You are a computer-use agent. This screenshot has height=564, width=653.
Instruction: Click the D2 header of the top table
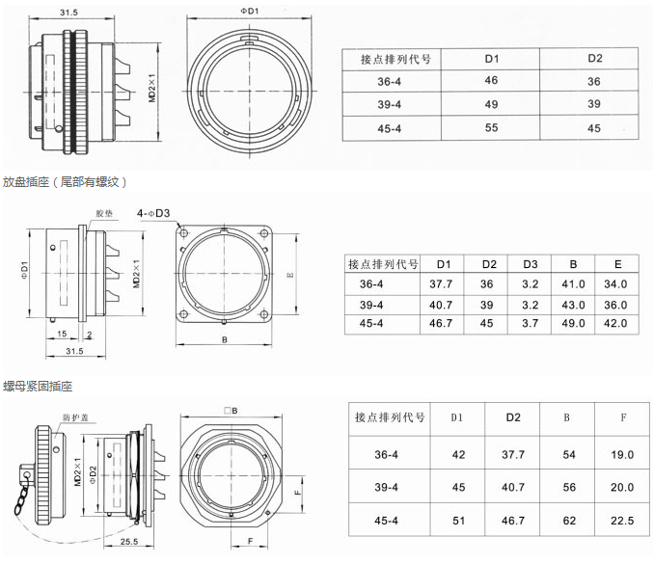(594, 59)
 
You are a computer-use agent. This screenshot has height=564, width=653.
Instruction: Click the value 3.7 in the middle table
(531, 323)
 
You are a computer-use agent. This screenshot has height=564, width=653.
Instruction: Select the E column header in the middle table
(614, 264)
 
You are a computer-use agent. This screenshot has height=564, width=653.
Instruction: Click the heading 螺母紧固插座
(38, 386)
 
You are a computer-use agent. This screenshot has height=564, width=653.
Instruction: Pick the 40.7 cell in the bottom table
(513, 488)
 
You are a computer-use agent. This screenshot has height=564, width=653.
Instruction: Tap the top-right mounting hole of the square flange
(263, 233)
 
